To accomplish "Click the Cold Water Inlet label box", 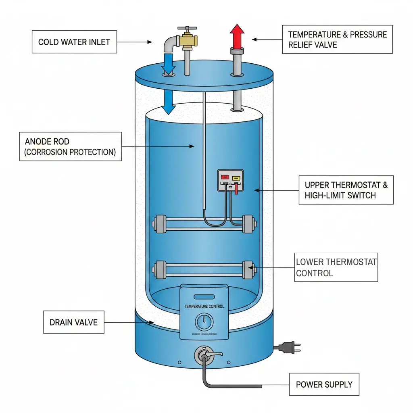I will coord(74,42).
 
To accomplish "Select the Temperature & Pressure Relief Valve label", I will coord(337,39).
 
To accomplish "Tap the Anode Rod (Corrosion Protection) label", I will coord(71,147).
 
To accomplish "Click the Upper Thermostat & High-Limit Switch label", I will coord(346,190).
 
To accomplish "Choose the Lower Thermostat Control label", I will coord(336,267).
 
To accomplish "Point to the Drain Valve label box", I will coord(73,322).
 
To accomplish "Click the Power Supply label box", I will coord(324,384).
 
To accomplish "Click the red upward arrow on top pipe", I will coord(237,35).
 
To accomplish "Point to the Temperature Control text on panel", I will coord(204,307).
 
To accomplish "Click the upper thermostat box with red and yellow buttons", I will coord(230,180).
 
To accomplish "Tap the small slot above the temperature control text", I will coord(204,296).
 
